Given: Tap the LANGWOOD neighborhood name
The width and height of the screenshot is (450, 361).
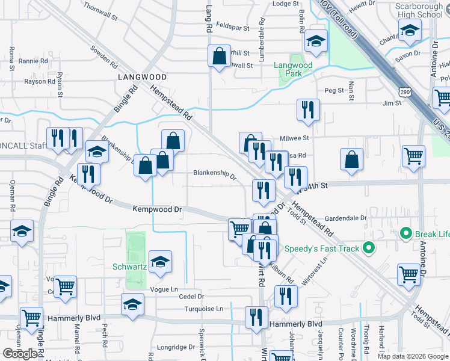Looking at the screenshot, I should [142, 78].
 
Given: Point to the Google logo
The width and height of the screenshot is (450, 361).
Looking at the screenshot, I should [20, 354].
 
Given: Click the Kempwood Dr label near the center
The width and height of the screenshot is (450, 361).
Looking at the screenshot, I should [157, 209].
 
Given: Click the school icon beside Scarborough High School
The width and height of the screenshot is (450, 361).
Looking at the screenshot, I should [410, 29].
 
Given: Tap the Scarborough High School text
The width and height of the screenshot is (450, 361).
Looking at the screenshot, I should [419, 10].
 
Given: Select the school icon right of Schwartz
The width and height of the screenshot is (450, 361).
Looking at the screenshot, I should [160, 262].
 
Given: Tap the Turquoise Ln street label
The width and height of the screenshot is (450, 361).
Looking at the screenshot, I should [205, 309].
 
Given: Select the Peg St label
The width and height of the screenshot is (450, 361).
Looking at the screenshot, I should [334, 90].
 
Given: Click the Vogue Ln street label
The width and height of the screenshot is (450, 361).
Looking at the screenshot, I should [167, 289].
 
